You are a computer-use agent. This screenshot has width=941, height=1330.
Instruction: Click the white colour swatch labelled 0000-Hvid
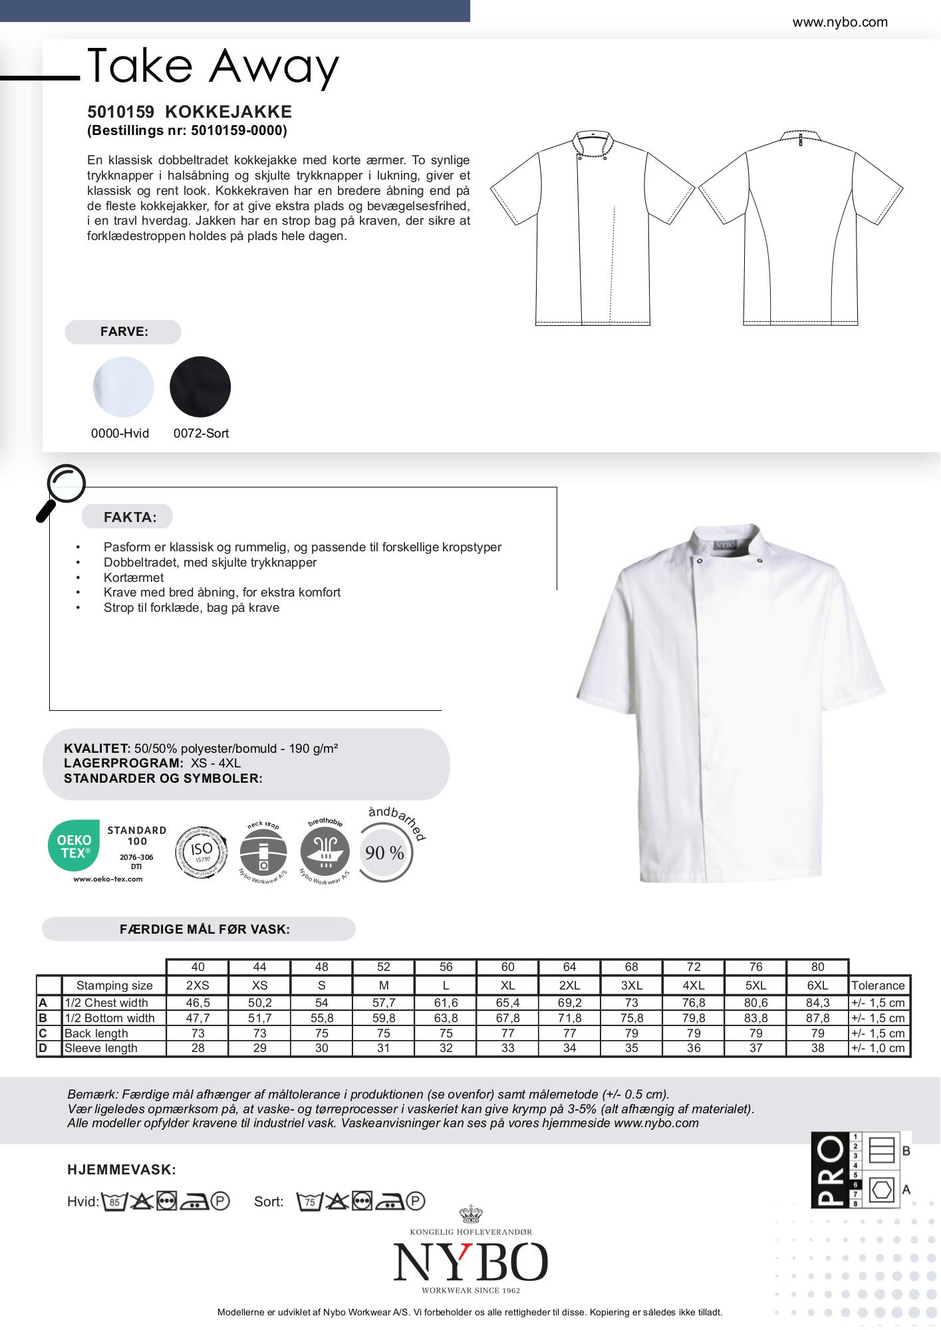[123, 387]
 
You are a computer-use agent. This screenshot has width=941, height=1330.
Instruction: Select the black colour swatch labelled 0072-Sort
[200, 387]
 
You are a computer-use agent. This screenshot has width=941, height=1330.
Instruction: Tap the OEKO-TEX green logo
[74, 846]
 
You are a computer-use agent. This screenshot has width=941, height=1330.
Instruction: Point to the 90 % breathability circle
[385, 853]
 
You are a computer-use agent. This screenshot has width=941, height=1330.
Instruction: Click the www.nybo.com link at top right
[839, 22]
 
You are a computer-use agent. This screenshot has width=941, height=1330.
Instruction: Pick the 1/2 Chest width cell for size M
[384, 1003]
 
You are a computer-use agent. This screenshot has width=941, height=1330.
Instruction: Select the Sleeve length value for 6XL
[817, 1048]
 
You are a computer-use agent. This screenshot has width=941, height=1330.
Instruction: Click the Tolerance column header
[878, 986]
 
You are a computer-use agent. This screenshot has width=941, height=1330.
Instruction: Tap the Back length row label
[96, 1033]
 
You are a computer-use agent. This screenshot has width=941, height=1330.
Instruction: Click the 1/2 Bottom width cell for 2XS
[198, 1018]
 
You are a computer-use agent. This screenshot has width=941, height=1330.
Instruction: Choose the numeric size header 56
[446, 967]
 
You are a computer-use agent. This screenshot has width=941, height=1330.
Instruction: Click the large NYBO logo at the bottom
[470, 1262]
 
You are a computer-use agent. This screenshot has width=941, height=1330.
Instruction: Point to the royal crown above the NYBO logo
[471, 1215]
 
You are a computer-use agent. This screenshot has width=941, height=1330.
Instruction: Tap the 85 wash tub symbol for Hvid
[114, 1202]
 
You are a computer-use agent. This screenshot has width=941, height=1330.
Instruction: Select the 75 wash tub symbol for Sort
[309, 1202]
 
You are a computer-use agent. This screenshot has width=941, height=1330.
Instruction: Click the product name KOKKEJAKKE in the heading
[228, 112]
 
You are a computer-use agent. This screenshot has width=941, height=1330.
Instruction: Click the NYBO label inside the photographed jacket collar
[725, 545]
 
